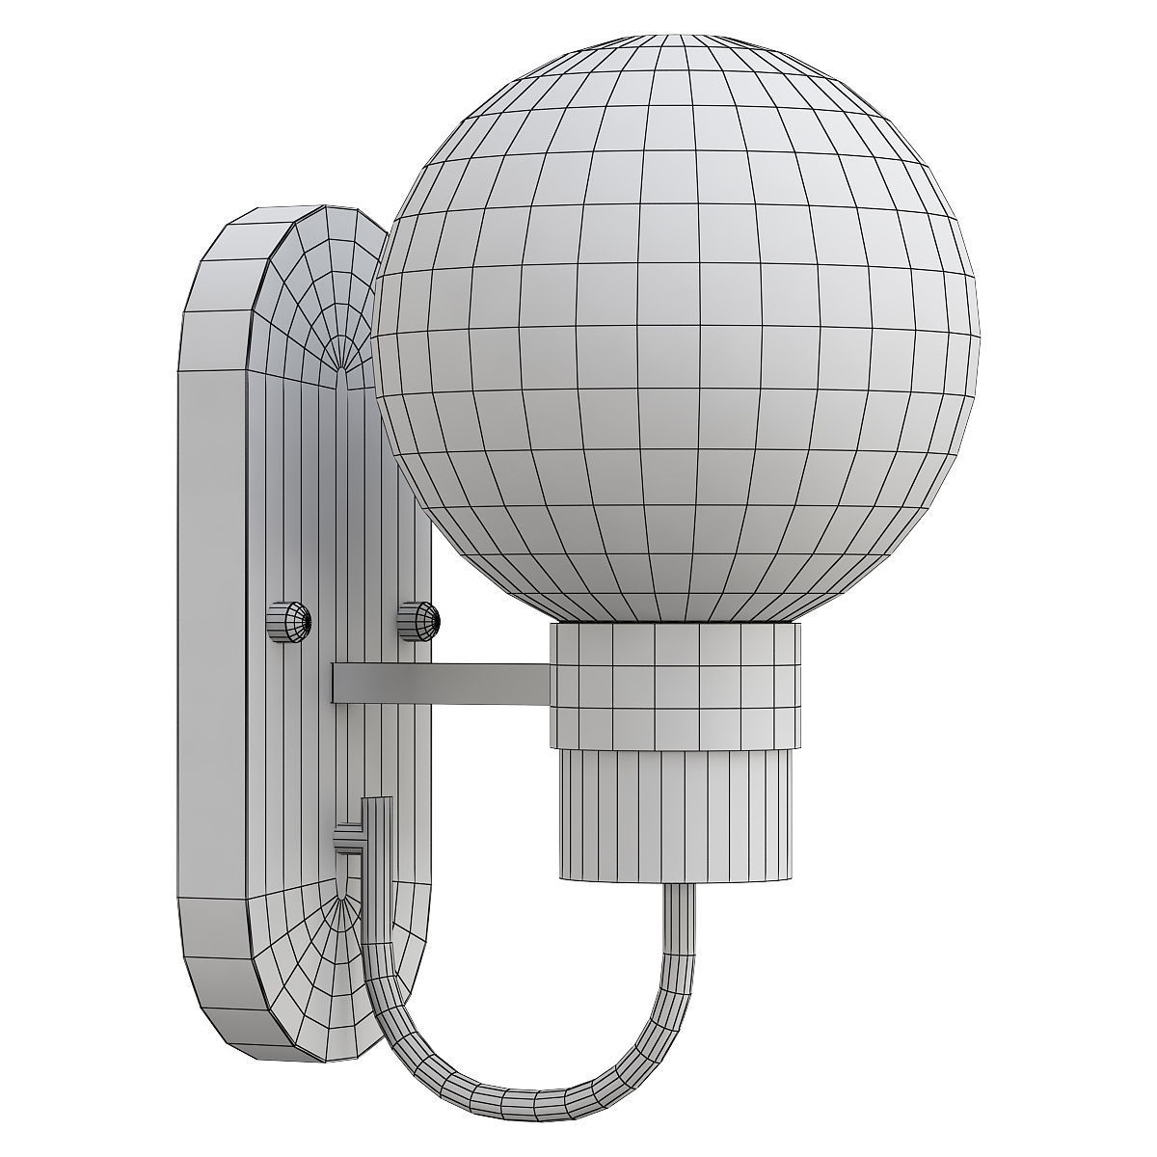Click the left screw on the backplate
click(x=288, y=622)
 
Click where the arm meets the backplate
click(x=336, y=682)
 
